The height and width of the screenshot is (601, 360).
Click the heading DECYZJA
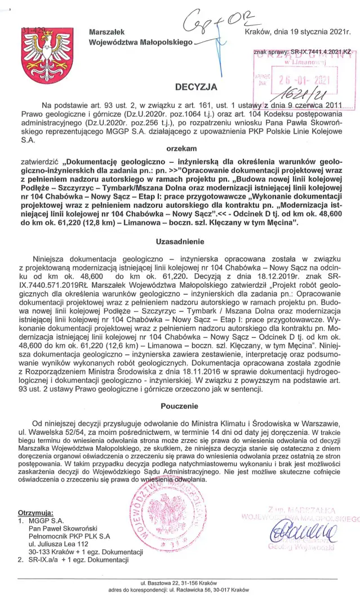pyautogui.click(x=195, y=87)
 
